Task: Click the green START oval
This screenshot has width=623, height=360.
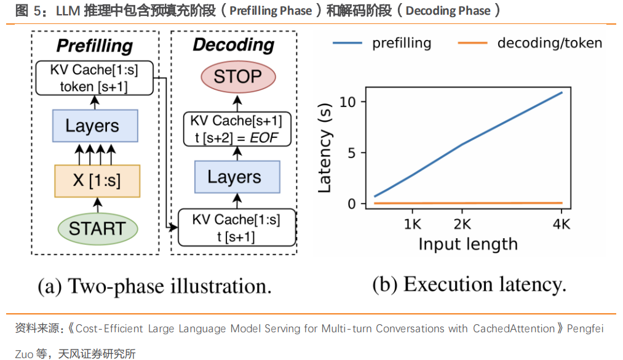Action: (x=98, y=229)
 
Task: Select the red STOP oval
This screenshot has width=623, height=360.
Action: (x=238, y=77)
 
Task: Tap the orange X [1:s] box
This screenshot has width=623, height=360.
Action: (x=97, y=181)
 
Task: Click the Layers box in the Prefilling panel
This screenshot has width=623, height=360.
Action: (x=95, y=126)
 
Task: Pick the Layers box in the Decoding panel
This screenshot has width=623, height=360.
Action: (x=237, y=177)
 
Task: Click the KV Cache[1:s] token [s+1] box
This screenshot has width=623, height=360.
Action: (x=95, y=78)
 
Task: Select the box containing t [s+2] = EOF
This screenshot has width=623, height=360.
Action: (x=237, y=129)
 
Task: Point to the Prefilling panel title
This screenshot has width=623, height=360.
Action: (x=95, y=46)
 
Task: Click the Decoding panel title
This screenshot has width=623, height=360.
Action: (x=234, y=45)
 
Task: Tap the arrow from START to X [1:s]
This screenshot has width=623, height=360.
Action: (x=97, y=206)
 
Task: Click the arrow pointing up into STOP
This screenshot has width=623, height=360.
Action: (x=237, y=103)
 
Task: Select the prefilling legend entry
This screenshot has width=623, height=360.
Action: (x=382, y=43)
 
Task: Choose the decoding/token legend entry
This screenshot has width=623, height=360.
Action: (x=530, y=43)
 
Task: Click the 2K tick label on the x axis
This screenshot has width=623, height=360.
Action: (x=462, y=225)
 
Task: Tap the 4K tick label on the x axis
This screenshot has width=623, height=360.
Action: (x=561, y=225)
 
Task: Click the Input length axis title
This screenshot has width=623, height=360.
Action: (x=468, y=244)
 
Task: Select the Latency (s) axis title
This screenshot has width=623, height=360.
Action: (x=325, y=148)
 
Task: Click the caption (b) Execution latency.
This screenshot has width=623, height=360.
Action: (x=469, y=284)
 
